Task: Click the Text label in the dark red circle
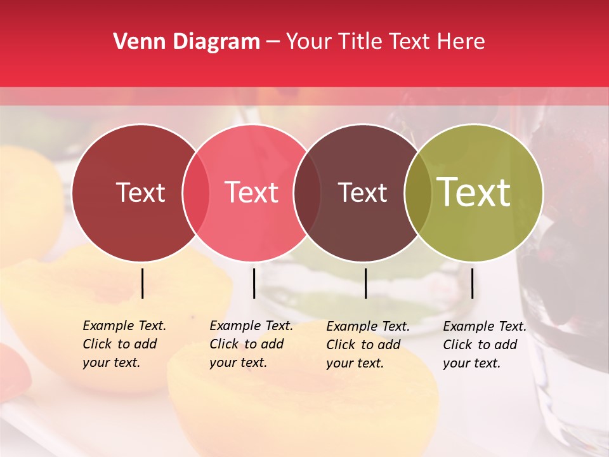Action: point(140,193)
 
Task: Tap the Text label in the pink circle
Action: point(252,193)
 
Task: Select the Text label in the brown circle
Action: point(363,193)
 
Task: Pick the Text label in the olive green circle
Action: point(474,192)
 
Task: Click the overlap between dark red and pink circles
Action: point(196,193)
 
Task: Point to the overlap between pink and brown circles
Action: point(308,193)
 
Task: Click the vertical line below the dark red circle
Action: point(142,283)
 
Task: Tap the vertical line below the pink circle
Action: point(254,283)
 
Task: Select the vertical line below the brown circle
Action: point(365,283)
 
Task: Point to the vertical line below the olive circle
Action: point(472,283)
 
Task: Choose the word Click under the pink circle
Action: point(225,344)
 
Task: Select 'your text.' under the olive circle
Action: point(471,363)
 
